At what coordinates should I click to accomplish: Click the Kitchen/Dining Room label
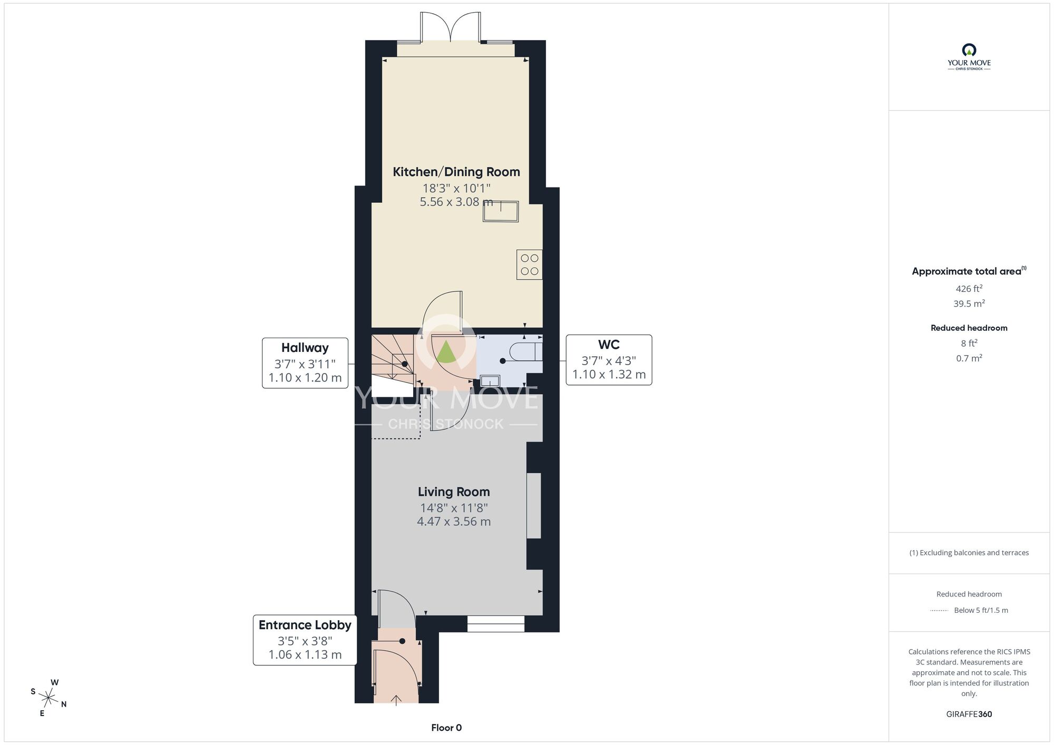click(x=456, y=172)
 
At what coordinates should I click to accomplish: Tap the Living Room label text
click(x=454, y=492)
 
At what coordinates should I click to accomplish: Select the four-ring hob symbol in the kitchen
click(x=529, y=264)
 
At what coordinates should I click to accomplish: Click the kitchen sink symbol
click(x=501, y=212)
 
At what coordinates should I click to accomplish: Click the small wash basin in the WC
click(x=490, y=380)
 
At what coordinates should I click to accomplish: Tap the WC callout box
click(x=609, y=360)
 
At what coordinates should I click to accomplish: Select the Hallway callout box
click(x=305, y=363)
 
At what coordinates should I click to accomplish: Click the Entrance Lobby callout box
click(x=305, y=640)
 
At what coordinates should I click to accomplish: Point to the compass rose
click(x=48, y=699)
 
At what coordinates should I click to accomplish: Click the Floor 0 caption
click(x=446, y=728)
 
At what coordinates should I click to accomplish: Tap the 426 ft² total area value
click(x=969, y=289)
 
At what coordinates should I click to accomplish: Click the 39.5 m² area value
click(x=969, y=303)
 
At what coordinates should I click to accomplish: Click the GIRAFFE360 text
click(x=969, y=714)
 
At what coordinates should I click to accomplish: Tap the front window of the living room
click(x=495, y=624)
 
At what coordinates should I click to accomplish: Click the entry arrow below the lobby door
click(x=396, y=700)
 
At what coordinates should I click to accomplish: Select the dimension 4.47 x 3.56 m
click(x=454, y=522)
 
